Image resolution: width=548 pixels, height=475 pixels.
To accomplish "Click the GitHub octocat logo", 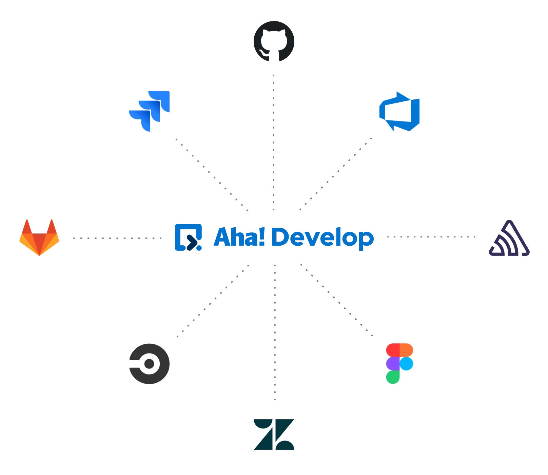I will [x=274, y=41].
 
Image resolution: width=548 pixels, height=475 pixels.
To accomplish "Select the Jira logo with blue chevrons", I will [x=149, y=111].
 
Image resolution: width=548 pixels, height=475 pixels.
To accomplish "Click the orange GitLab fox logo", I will [x=39, y=237].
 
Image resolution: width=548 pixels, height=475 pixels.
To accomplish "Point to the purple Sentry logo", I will [x=509, y=239].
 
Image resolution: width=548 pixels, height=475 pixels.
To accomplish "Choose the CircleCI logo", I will [x=149, y=364].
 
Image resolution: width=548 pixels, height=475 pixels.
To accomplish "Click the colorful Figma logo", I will [x=400, y=363].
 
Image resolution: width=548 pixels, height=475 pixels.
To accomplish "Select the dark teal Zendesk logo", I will [x=274, y=434].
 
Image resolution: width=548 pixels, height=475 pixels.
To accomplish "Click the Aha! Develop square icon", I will [x=188, y=237].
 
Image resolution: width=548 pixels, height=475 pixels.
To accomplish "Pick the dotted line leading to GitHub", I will [x=274, y=142].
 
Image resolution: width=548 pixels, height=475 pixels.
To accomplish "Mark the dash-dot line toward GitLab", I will [x=118, y=237].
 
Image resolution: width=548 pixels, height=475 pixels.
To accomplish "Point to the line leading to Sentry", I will [x=431, y=237].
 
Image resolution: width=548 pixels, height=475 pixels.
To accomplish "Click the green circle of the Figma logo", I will [x=393, y=377].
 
